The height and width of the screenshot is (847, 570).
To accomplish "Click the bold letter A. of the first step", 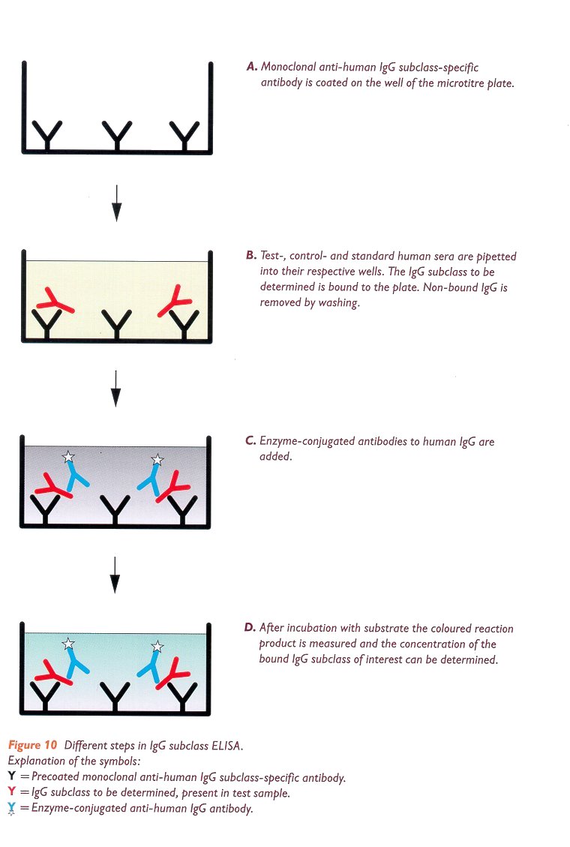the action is pos(251,67).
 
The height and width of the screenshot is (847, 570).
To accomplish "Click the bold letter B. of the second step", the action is pos(251,255).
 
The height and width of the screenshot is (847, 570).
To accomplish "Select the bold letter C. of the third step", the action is pos(250,441).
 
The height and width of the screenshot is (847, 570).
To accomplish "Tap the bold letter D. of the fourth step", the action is pos(250,627).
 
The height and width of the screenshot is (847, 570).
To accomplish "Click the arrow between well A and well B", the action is pos(116,203).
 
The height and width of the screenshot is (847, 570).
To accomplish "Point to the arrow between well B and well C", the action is pos(115,389).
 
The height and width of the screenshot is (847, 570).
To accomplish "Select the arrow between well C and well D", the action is pos(115,575).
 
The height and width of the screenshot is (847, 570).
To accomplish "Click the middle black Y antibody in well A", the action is pos(116,135).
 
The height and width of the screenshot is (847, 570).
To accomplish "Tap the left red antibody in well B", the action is pos(55,301).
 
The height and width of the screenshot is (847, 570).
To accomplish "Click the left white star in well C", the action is pos(68,457).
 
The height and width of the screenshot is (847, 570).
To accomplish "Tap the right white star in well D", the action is pos(157,646).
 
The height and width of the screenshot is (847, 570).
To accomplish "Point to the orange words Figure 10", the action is pos(32,745).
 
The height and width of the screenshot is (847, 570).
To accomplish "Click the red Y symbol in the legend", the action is pos(12,792).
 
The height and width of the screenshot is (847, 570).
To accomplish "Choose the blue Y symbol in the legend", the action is pos(12,808).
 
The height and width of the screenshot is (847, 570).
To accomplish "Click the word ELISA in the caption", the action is pos(227,746).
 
